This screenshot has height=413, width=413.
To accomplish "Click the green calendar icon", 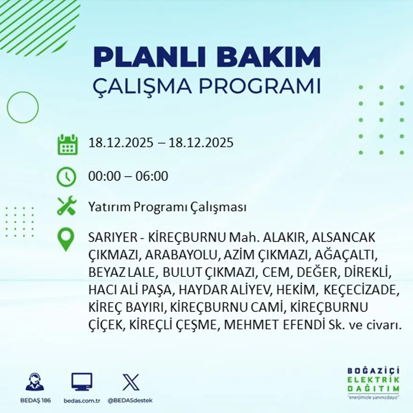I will tap(67, 145).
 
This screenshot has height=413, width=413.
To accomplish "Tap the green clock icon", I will tap(66, 177).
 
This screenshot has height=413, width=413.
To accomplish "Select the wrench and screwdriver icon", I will tap(67, 206).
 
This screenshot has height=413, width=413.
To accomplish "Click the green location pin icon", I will tap(66, 239).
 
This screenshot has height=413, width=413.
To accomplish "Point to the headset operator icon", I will tap(35, 382).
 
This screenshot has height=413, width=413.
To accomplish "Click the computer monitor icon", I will tap(82, 382).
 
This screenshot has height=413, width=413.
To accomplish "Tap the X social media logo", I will tap(130, 382).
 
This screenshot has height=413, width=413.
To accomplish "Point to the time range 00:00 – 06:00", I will tap(128, 177).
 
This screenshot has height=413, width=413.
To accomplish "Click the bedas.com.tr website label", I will tap(82, 400).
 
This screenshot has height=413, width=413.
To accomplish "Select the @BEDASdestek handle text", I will tap(130, 400).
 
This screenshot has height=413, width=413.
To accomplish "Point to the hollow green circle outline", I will tap(23, 107).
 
